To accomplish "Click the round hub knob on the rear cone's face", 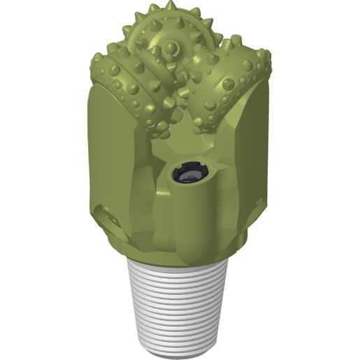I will pos(171,49).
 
